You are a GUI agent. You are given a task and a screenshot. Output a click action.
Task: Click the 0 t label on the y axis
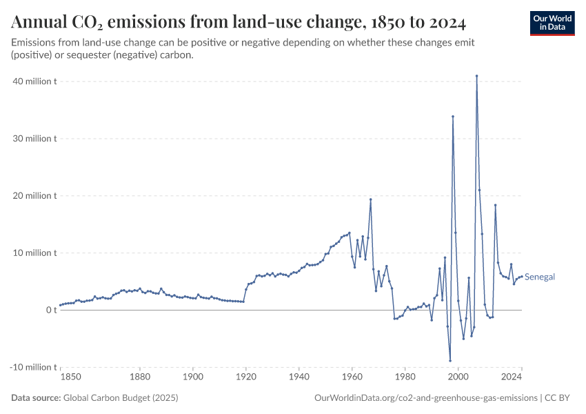[x=51, y=310]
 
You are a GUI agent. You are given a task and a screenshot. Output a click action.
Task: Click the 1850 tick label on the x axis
[x=70, y=377]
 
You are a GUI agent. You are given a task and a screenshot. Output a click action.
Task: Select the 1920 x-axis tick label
[x=246, y=377]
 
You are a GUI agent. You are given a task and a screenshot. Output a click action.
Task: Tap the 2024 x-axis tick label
[x=512, y=377]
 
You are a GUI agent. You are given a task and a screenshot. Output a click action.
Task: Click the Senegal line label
[x=540, y=277]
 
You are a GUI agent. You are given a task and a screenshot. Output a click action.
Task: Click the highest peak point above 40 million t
[x=476, y=76]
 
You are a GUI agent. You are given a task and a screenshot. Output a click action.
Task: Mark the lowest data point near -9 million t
[x=450, y=361]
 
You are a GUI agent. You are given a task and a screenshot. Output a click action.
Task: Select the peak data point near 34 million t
[x=453, y=117]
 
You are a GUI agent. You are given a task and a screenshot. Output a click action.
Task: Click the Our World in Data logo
[x=552, y=23]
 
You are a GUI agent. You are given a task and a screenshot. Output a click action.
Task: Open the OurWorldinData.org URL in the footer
[x=425, y=398]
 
